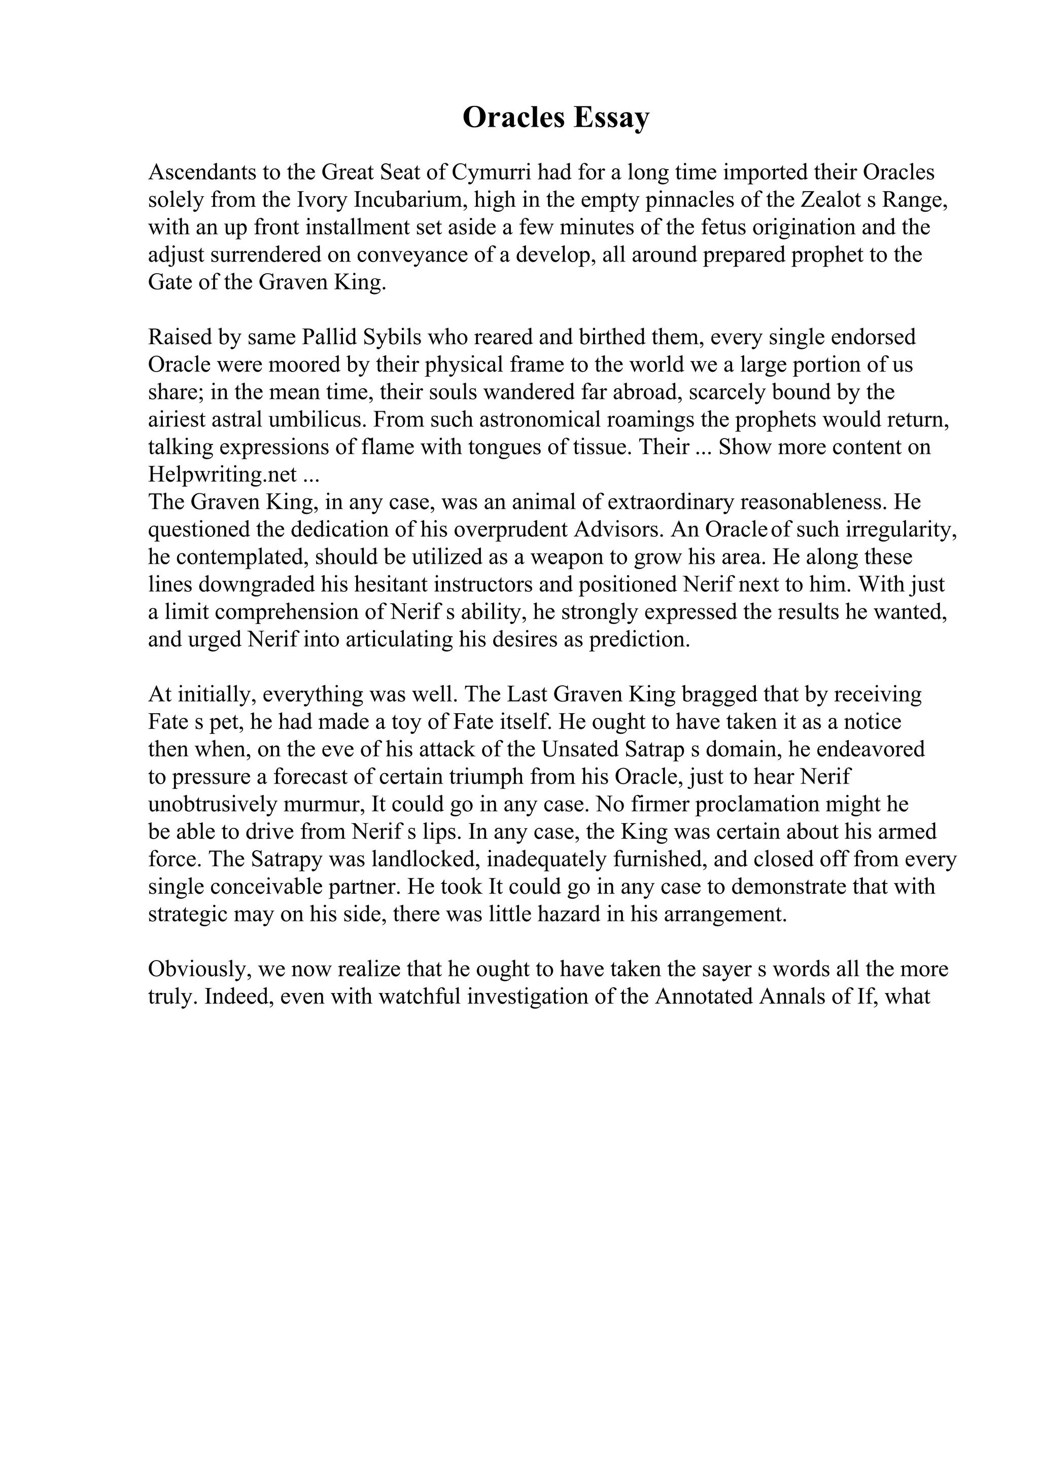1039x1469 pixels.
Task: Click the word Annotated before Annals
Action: coord(704,997)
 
